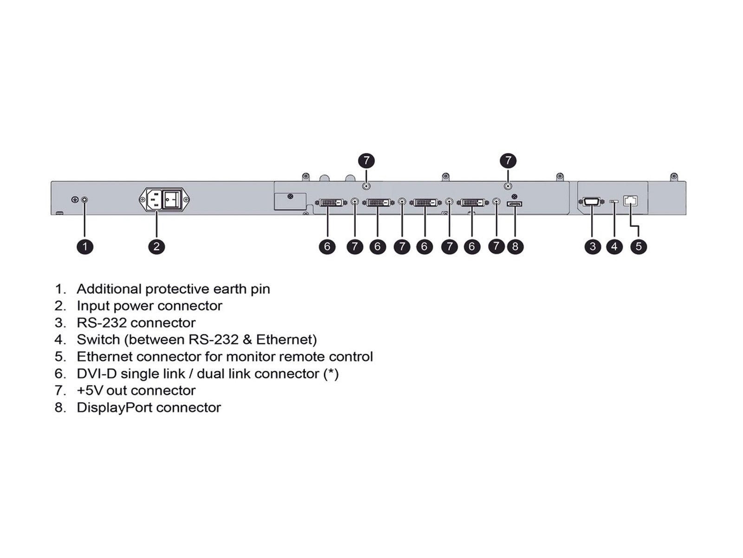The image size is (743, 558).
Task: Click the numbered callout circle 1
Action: click(85, 246)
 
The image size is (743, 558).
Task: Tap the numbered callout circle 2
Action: click(156, 246)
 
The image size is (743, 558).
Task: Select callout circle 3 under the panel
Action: click(593, 246)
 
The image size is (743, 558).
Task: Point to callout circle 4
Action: click(614, 246)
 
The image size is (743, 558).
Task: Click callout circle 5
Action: click(639, 246)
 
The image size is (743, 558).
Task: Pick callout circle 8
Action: click(515, 246)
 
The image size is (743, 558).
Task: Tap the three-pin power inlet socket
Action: click(154, 199)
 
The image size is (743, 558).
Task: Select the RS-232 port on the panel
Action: click(591, 202)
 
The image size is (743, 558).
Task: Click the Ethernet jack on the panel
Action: click(630, 201)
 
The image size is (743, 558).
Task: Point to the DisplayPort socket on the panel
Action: click(514, 204)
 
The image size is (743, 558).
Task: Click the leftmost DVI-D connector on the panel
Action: click(331, 203)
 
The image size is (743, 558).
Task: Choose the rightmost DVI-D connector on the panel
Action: click(473, 203)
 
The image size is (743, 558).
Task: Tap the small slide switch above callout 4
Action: click(614, 202)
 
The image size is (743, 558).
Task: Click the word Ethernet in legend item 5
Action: click(104, 356)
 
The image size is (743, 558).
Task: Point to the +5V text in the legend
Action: click(90, 390)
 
